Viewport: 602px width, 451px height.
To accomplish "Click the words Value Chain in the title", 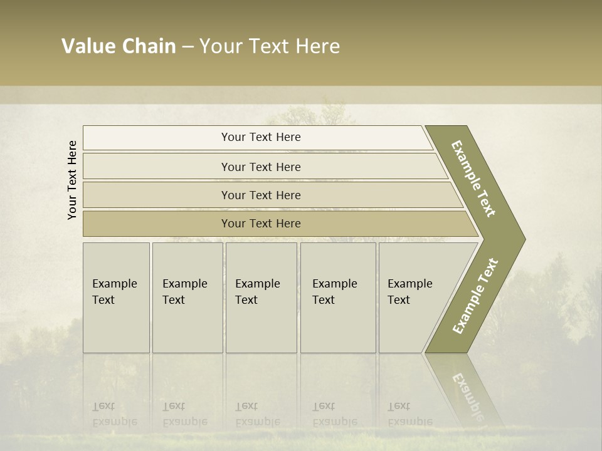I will [x=119, y=46].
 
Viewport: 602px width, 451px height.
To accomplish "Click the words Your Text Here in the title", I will [x=270, y=46].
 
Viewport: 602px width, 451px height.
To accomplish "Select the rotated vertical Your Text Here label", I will [x=72, y=180].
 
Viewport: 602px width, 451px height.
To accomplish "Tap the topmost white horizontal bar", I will [x=260, y=137].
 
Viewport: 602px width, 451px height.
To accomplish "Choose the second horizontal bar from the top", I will [x=260, y=167].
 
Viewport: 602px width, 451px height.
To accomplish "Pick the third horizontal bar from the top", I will [x=260, y=195].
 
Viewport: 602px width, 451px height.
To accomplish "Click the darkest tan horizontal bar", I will [x=260, y=224].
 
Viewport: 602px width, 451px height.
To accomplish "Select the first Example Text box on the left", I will [x=116, y=297].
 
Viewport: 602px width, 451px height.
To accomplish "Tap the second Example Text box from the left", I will [x=187, y=297].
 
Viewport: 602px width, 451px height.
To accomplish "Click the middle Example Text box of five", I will [x=261, y=297].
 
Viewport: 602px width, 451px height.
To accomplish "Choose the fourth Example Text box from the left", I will [x=337, y=297].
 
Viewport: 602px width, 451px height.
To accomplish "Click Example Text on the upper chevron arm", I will [x=473, y=179].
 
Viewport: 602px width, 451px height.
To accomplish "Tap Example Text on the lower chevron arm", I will [x=475, y=296].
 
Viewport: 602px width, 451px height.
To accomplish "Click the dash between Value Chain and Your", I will [x=187, y=47].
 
